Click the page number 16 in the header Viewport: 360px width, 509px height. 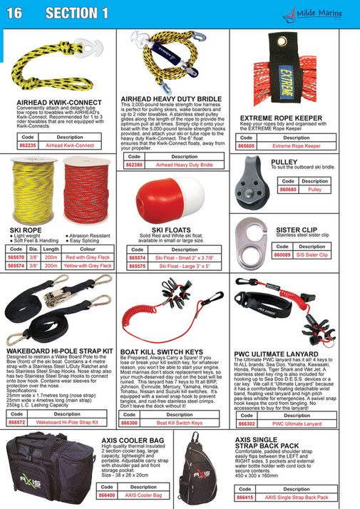16,13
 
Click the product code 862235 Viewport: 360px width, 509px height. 29,144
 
